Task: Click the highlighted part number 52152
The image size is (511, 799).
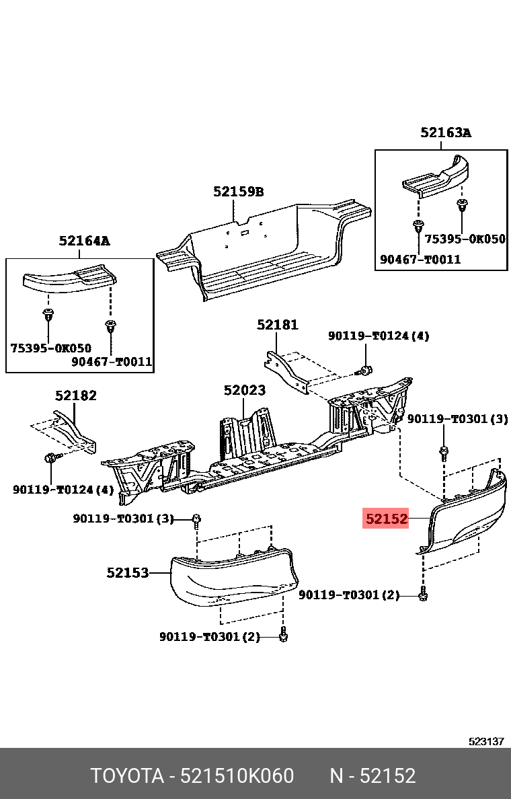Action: tap(386, 519)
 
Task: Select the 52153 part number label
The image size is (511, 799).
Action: tap(127, 573)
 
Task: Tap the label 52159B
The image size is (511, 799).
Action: tap(238, 192)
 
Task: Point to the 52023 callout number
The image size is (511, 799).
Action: tap(244, 390)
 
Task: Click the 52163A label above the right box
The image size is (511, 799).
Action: tap(446, 132)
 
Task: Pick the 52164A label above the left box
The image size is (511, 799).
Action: tap(84, 240)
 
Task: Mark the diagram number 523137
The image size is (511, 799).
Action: tap(486, 741)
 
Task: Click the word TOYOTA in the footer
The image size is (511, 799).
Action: tap(127, 776)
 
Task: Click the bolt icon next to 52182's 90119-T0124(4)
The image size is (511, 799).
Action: tap(50, 459)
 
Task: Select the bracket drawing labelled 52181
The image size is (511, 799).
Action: tap(287, 371)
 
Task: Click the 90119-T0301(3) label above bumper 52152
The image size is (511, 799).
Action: tap(457, 419)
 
